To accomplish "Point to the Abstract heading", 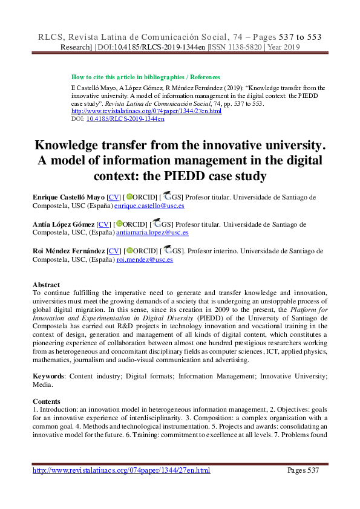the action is click(x=46, y=285).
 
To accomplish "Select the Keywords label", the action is click(x=49, y=376).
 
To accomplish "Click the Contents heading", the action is click(x=47, y=401).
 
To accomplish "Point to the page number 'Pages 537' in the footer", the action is click(x=307, y=470).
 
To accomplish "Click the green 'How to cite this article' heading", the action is click(x=145, y=77).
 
